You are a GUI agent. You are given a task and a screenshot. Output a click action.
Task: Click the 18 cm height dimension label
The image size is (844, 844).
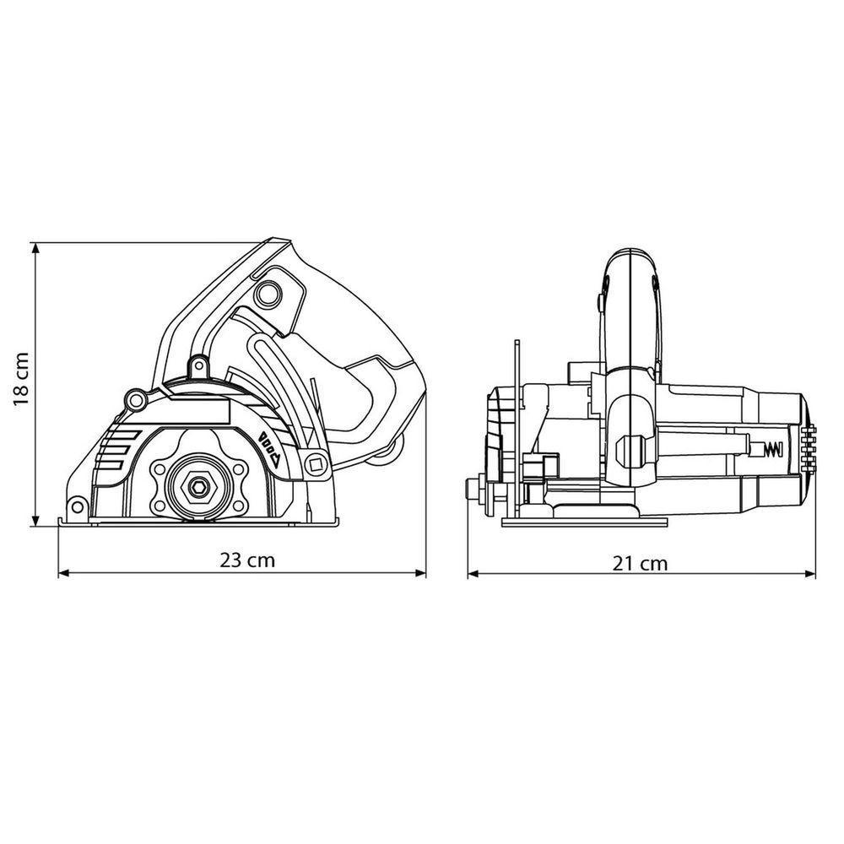coord(21,380)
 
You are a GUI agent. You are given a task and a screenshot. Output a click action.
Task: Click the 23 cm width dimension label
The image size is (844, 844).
coord(247,560)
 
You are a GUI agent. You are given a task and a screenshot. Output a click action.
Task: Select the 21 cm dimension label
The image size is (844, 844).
coord(640,564)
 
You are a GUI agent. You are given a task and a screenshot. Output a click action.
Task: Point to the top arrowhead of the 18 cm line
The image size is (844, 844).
coord(35,248)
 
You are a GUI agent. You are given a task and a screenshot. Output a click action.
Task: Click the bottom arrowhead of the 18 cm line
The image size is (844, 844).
coord(35,521)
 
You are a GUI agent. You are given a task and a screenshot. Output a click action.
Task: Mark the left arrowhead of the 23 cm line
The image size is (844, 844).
coord(64,574)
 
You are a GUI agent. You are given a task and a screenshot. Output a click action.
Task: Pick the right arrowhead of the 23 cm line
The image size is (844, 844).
coord(419,574)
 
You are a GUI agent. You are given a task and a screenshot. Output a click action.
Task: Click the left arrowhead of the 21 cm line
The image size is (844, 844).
coord(473,575)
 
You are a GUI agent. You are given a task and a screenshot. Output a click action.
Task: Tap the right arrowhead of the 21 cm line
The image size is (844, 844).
coord(810,575)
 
